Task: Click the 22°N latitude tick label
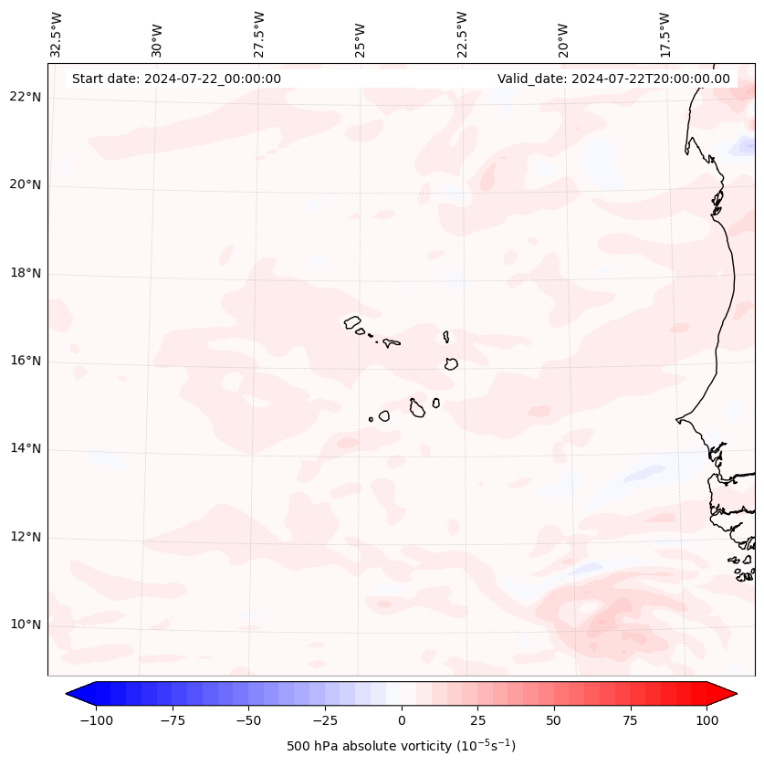pos(26,97)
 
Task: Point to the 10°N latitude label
pos(26,625)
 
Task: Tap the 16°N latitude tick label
pos(26,362)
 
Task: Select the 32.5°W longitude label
pos(57,34)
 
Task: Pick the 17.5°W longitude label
pos(665,34)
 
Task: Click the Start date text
pos(176,79)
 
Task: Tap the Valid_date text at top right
pos(613,79)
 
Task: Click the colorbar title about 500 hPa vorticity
pos(401,746)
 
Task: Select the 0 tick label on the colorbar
pos(402,720)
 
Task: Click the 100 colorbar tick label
pos(706,720)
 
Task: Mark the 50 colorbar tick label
pos(554,720)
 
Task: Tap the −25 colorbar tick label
pos(325,720)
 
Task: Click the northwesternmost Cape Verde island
pos(352,321)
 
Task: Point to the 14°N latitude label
pos(26,449)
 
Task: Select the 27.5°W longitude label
pos(259,34)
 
